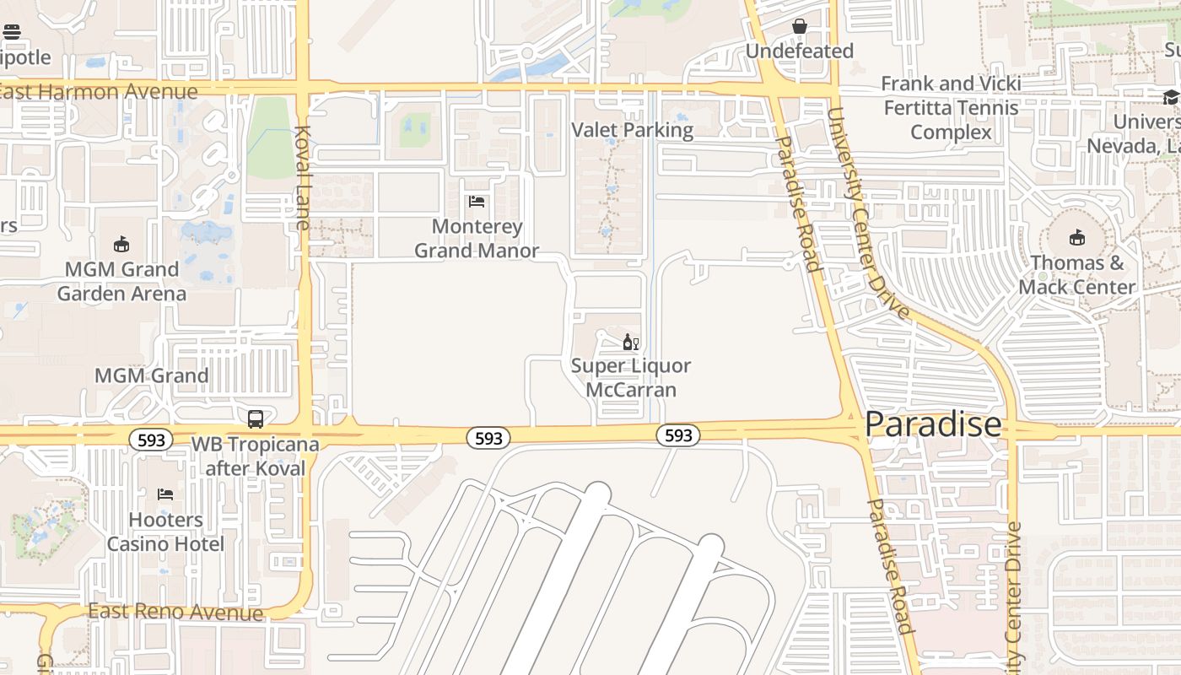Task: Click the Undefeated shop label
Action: [799, 51]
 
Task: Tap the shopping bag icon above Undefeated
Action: [799, 27]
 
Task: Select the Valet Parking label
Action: [632, 130]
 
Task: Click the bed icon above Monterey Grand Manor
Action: [477, 202]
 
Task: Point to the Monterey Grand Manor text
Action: [477, 239]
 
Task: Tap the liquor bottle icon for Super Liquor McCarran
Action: [630, 342]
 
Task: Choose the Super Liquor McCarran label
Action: [631, 378]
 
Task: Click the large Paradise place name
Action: [933, 424]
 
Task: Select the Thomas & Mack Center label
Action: [1076, 275]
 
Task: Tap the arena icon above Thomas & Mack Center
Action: [1077, 238]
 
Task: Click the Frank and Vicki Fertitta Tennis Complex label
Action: [951, 108]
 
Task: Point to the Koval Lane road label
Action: [303, 177]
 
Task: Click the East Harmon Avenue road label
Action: [99, 91]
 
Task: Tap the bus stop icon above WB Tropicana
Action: [255, 418]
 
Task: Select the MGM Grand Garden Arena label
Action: [122, 281]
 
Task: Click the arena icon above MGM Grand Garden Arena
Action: [122, 245]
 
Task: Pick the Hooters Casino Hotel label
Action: [165, 532]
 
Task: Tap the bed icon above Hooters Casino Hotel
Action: [165, 494]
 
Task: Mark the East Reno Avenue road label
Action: [175, 613]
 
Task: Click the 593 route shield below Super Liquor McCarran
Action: [678, 435]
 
